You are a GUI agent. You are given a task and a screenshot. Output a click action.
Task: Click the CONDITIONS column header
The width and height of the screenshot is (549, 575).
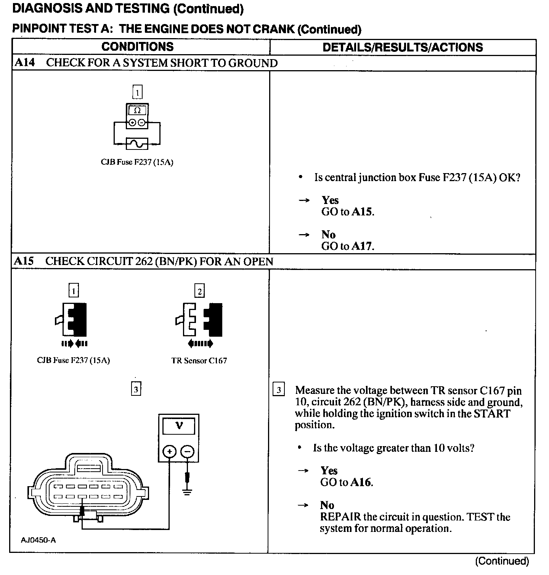point(137,47)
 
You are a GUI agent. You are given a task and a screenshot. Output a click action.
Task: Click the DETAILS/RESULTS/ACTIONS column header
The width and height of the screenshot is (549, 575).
point(403,47)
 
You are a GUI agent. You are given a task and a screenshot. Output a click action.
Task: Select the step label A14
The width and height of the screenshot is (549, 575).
point(24,63)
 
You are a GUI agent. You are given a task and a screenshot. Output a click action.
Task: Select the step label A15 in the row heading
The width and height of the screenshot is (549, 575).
point(24,261)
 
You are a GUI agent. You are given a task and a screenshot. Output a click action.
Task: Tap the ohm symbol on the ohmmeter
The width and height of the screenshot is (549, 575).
point(137,111)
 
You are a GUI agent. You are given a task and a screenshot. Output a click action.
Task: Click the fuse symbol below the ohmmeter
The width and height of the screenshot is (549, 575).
point(137,144)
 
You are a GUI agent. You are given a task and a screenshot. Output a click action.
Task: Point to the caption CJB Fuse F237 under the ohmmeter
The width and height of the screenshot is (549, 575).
point(137,162)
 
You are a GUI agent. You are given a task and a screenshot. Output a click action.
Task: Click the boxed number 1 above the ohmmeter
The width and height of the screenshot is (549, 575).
point(137,92)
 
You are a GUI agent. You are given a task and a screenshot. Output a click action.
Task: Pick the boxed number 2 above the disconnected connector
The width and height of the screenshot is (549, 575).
point(199,291)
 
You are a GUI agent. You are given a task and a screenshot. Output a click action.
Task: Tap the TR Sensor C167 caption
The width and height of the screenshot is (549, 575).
point(199,361)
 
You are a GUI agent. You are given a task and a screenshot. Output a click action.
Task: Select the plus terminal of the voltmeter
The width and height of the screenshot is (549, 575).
point(169,452)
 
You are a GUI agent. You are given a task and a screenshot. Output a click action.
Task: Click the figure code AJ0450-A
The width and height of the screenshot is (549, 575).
point(38,540)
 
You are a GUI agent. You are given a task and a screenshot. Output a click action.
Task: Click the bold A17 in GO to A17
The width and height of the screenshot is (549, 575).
point(361,246)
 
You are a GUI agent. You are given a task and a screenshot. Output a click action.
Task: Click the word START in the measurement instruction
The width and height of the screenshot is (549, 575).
point(492,414)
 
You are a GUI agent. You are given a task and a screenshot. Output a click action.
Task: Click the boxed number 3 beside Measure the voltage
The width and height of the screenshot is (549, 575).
point(279,390)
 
